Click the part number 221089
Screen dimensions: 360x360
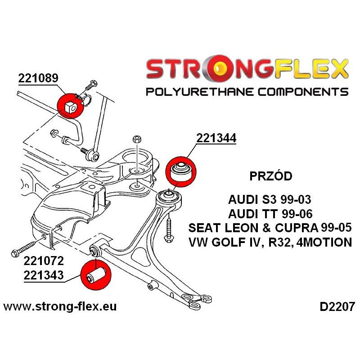pyautogui.click(x=38, y=78)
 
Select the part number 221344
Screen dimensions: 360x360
pyautogui.click(x=216, y=138)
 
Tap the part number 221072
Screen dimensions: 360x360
pyautogui.click(x=44, y=261)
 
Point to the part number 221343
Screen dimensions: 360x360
pyautogui.click(x=44, y=275)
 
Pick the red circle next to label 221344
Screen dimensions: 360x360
pyautogui.click(x=181, y=171)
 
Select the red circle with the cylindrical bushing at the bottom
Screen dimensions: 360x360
pyautogui.click(x=96, y=274)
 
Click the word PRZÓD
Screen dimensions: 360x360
pyautogui.click(x=271, y=176)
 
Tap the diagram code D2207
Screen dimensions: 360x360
pyautogui.click(x=337, y=307)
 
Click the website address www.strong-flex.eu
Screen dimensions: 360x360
pyautogui.click(x=60, y=306)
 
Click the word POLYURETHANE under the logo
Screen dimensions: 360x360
pyautogui.click(x=200, y=92)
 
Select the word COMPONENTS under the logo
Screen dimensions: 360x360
pyautogui.click(x=303, y=92)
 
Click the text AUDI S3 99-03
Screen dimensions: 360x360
pyautogui.click(x=270, y=199)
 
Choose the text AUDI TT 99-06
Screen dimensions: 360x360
pyautogui.click(x=270, y=214)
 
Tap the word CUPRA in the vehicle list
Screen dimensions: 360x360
pyautogui.click(x=296, y=228)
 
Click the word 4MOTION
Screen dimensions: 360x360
pyautogui.click(x=324, y=242)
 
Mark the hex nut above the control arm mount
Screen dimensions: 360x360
pyautogui.click(x=137, y=139)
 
